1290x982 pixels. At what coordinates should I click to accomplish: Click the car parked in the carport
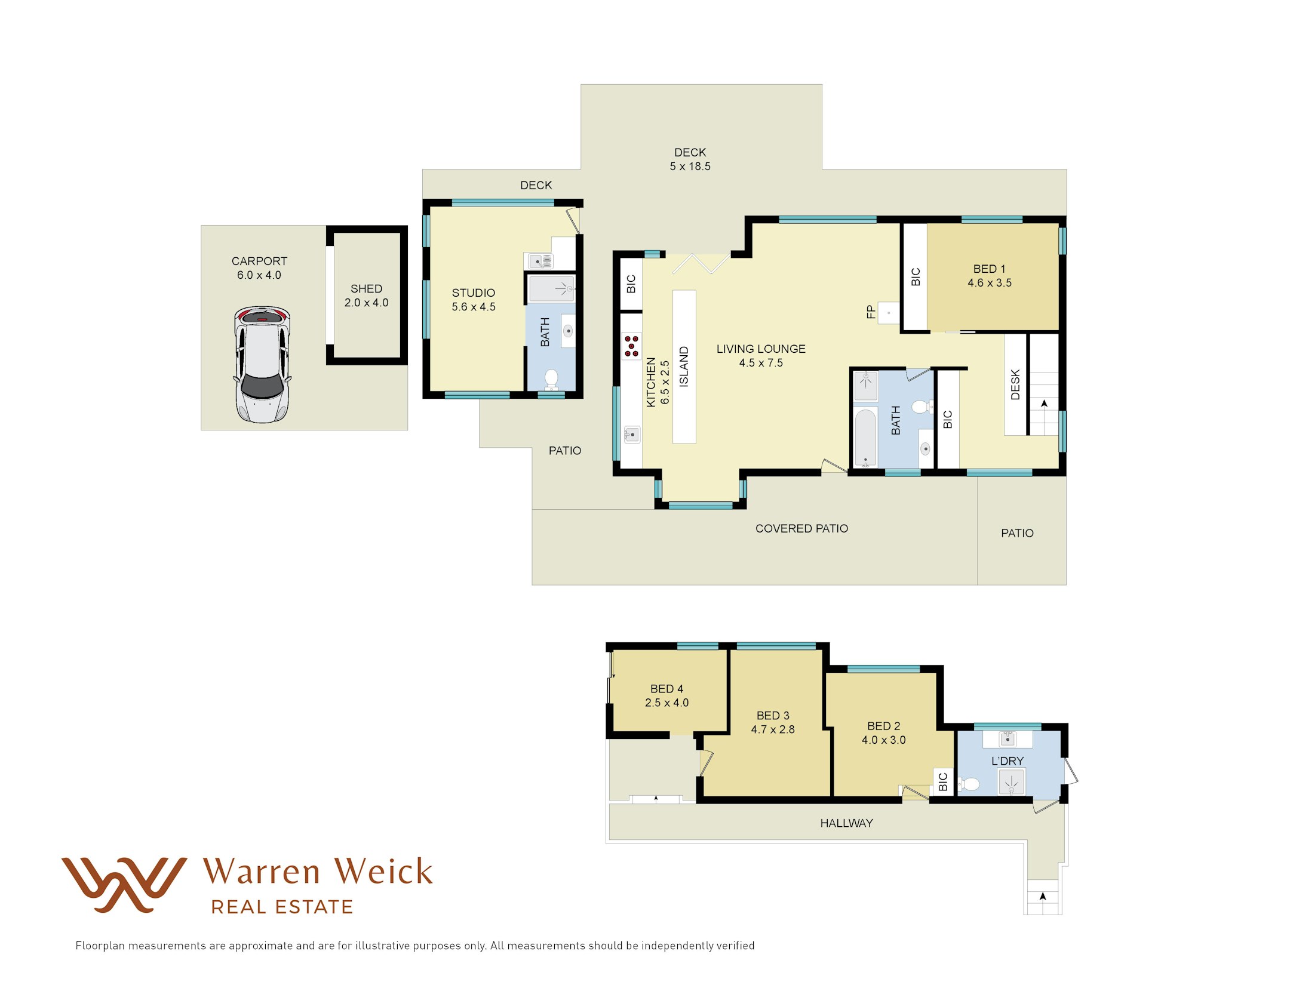coord(262,364)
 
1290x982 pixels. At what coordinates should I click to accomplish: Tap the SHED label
coord(366,289)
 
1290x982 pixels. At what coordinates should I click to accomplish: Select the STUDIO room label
coord(474,293)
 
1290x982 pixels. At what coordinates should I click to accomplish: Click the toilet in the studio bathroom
coord(551,379)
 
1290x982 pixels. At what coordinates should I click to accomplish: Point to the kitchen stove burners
coord(632,346)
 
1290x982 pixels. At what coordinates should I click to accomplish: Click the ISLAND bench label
coord(684,367)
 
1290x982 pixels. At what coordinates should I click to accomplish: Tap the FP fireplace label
coord(871,312)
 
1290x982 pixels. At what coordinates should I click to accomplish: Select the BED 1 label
coord(990,269)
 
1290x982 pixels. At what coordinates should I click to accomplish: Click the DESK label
coord(1015,384)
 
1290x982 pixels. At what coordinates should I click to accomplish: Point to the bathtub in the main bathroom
coord(865,438)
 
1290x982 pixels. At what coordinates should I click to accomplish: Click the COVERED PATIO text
coord(801,529)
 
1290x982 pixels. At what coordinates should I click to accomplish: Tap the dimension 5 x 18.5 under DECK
coord(690,167)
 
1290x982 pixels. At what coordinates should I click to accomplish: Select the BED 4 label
coord(666,689)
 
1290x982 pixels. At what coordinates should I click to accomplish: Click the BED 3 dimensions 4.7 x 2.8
coord(773,729)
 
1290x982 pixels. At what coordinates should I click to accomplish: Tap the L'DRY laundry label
coord(1008,761)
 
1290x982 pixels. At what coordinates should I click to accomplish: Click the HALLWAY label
coord(846,823)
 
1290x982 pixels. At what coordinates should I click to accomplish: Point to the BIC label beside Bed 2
coord(943,781)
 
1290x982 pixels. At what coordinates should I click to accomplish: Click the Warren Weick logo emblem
coord(124,885)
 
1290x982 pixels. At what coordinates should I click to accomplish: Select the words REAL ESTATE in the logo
coord(282,907)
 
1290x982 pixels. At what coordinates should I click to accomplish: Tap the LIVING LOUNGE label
coord(761,349)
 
